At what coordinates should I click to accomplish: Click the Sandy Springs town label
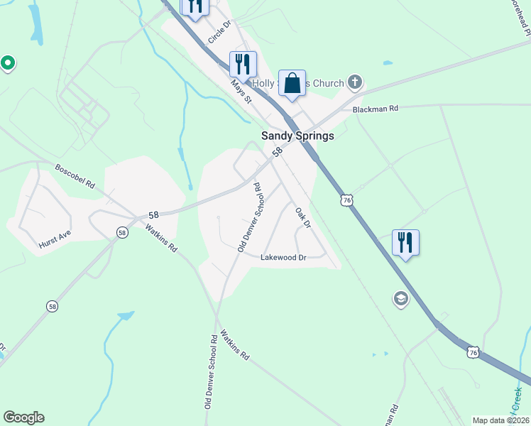pyautogui.click(x=297, y=136)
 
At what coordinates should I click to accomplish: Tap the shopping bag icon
pyautogui.click(x=292, y=84)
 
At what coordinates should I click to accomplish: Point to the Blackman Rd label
pyautogui.click(x=376, y=109)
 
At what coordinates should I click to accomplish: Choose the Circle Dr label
pyautogui.click(x=220, y=33)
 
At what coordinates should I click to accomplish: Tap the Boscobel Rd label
pyautogui.click(x=75, y=177)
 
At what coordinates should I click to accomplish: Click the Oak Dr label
pyautogui.click(x=303, y=217)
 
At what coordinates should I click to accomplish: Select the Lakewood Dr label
pyautogui.click(x=283, y=258)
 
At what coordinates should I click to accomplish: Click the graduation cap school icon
pyautogui.click(x=401, y=300)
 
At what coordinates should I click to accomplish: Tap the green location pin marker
pyautogui.click(x=8, y=65)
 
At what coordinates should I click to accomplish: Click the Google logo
pyautogui.click(x=23, y=417)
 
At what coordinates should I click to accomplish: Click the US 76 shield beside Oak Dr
pyautogui.click(x=346, y=201)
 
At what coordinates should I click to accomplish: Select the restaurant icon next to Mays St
pyautogui.click(x=242, y=64)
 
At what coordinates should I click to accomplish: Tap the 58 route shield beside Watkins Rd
pyautogui.click(x=122, y=232)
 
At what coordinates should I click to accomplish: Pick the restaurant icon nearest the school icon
pyautogui.click(x=405, y=242)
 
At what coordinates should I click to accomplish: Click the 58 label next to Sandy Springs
pyautogui.click(x=278, y=151)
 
